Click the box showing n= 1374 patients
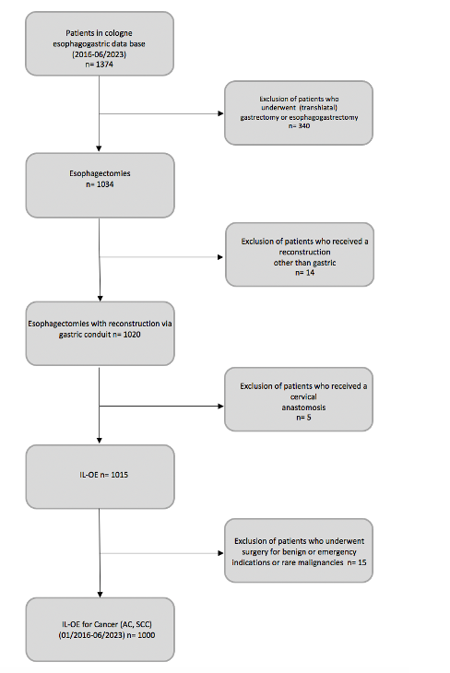click(100, 44)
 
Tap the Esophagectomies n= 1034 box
click(100, 184)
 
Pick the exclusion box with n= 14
click(299, 254)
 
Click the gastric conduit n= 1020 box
click(100, 331)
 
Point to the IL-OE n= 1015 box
click(100, 477)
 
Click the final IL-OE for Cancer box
click(100, 630)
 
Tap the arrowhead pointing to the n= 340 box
click(221, 115)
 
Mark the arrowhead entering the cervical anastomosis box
click(221, 406)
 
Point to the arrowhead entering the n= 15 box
click(221, 552)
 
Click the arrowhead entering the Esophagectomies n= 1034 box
click(100, 149)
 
